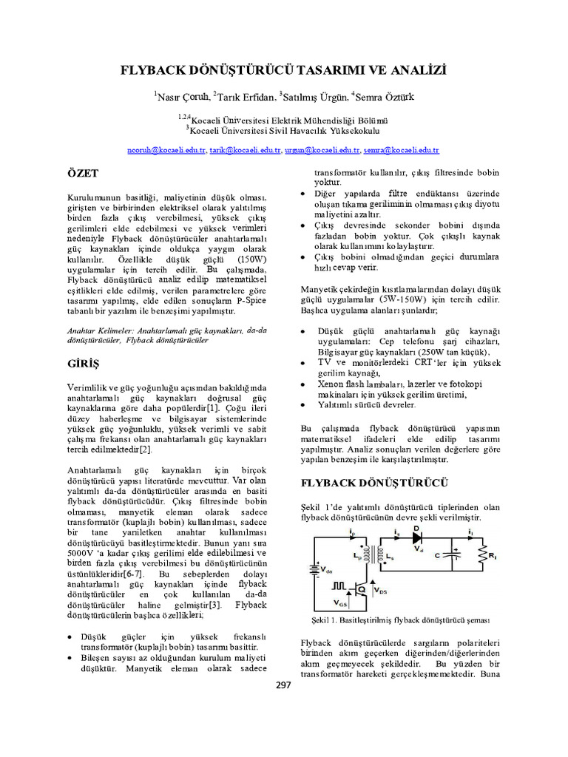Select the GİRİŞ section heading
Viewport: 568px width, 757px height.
pos(82,364)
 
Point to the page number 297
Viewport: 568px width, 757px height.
pos(283,685)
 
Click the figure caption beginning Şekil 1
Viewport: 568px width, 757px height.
pos(393,619)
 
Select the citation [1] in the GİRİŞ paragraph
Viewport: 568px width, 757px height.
pos(212,407)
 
